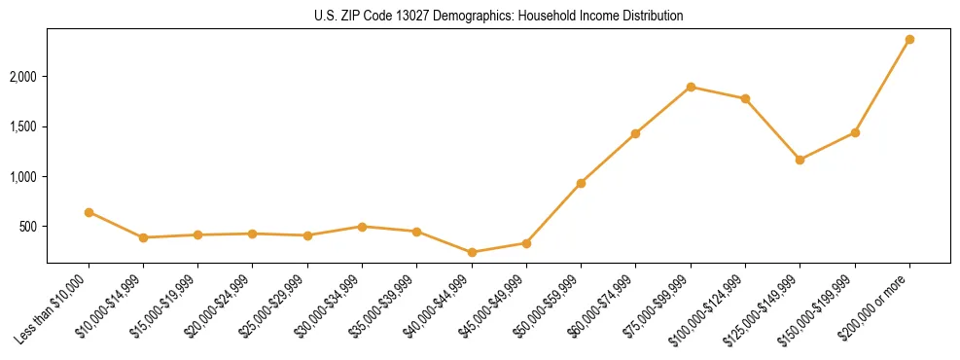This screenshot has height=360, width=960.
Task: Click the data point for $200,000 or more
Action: click(x=909, y=40)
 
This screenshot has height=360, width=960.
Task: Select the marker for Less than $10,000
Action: click(x=89, y=212)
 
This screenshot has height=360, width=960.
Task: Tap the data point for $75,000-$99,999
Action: click(x=691, y=87)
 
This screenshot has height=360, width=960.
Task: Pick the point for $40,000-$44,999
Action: click(x=472, y=252)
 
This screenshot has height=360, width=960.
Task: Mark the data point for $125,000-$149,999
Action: click(x=800, y=160)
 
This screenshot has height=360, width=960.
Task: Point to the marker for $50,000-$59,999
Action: click(x=581, y=183)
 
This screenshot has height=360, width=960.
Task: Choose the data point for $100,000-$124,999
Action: click(x=745, y=98)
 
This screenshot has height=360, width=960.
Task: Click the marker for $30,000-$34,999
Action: click(x=362, y=227)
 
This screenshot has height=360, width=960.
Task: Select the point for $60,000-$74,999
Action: click(x=635, y=133)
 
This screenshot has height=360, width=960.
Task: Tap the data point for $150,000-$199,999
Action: click(x=855, y=132)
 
